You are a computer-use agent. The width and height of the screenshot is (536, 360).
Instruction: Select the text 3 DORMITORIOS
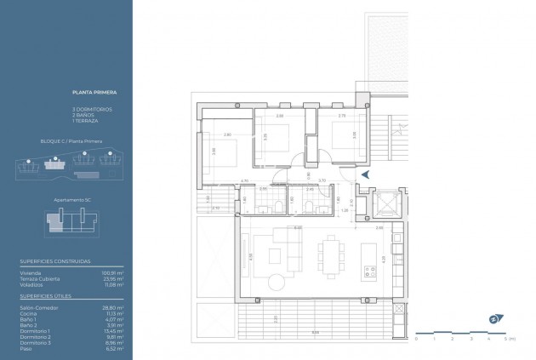(x=91, y=110)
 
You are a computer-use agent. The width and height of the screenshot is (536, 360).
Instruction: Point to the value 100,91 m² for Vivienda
(x=113, y=272)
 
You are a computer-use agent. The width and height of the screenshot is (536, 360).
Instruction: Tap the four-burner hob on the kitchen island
(x=370, y=272)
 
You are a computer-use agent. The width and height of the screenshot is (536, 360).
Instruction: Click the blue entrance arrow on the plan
(x=364, y=174)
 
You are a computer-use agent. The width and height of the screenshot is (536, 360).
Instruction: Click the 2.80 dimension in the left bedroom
(x=227, y=135)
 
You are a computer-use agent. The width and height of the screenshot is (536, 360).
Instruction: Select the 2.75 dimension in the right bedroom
(x=342, y=115)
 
